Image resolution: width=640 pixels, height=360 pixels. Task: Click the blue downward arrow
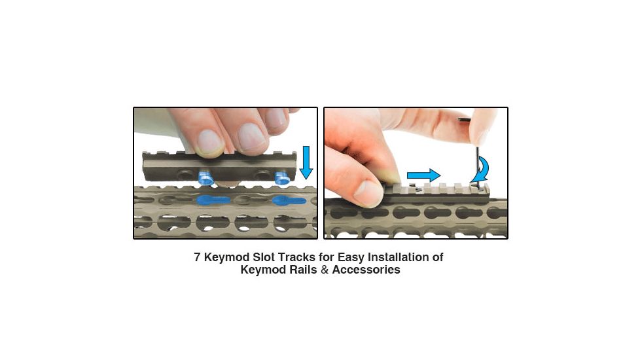tap(306, 164)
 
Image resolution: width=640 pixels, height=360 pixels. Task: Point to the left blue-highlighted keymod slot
tap(213, 200)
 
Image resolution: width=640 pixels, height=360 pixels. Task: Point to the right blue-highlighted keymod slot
tap(288, 201)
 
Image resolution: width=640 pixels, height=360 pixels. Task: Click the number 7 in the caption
tap(197, 257)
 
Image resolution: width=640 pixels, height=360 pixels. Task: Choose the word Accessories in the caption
tap(366, 270)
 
